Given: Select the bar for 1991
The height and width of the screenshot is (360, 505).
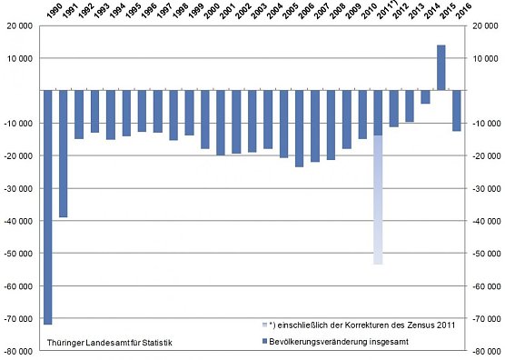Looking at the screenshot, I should point(64,154).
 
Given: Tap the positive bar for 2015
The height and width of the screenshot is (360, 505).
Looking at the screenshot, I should point(441,68).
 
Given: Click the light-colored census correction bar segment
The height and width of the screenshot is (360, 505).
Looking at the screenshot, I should point(378,200).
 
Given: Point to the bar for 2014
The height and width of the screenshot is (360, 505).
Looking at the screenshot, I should point(425,97).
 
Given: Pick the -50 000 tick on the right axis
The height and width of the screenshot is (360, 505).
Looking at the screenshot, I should point(481,253).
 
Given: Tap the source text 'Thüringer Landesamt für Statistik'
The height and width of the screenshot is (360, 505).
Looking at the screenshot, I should point(108,343).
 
